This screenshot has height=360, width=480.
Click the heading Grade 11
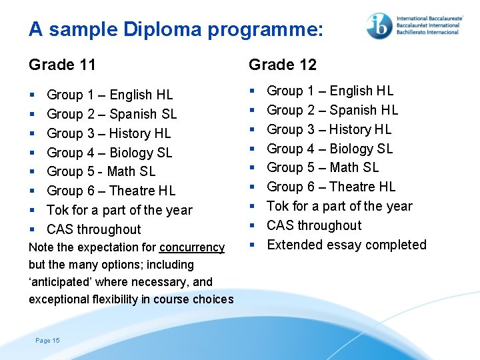point(62,65)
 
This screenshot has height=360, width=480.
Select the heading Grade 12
point(283,65)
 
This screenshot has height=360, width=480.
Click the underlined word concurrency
point(192,247)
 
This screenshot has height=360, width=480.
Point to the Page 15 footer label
point(47,341)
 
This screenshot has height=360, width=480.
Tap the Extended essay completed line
point(346,245)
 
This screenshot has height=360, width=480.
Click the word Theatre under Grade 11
point(131,191)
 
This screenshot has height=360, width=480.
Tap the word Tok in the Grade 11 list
point(58,210)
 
